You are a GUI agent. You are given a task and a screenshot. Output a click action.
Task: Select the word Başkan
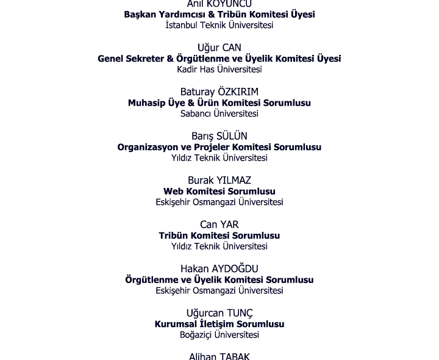pyautogui.click(x=140, y=15)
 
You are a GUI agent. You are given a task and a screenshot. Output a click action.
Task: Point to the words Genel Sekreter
pyautogui.click(x=130, y=59)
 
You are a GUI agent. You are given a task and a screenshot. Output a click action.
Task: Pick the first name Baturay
pyautogui.click(x=198, y=92)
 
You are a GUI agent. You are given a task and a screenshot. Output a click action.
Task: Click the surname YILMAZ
pyautogui.click(x=234, y=181)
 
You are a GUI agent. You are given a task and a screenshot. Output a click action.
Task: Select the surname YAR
pyautogui.click(x=230, y=225)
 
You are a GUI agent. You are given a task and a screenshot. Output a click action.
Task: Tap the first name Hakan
pyautogui.click(x=195, y=269)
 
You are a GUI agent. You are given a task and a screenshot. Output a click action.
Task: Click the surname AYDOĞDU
pyautogui.click(x=235, y=269)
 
